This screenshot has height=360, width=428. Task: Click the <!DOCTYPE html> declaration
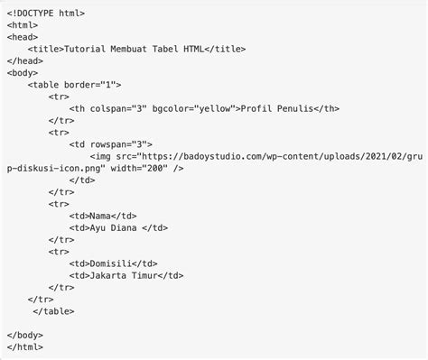[x=46, y=13]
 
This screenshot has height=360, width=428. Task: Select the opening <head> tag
[x=23, y=37]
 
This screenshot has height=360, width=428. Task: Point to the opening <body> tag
[x=23, y=72]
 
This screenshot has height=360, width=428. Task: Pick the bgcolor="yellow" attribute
[x=194, y=108]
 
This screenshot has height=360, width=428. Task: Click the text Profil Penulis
[x=273, y=108]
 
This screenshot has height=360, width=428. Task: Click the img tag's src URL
[x=271, y=155]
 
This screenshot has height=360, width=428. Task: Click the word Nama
[x=102, y=216]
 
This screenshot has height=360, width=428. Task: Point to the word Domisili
[x=111, y=263]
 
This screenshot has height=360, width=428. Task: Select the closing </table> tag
[x=53, y=310]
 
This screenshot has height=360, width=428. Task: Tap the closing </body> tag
[x=25, y=335]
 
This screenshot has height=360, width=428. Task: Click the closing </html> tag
[x=25, y=346]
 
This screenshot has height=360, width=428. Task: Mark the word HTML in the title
[x=193, y=49]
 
